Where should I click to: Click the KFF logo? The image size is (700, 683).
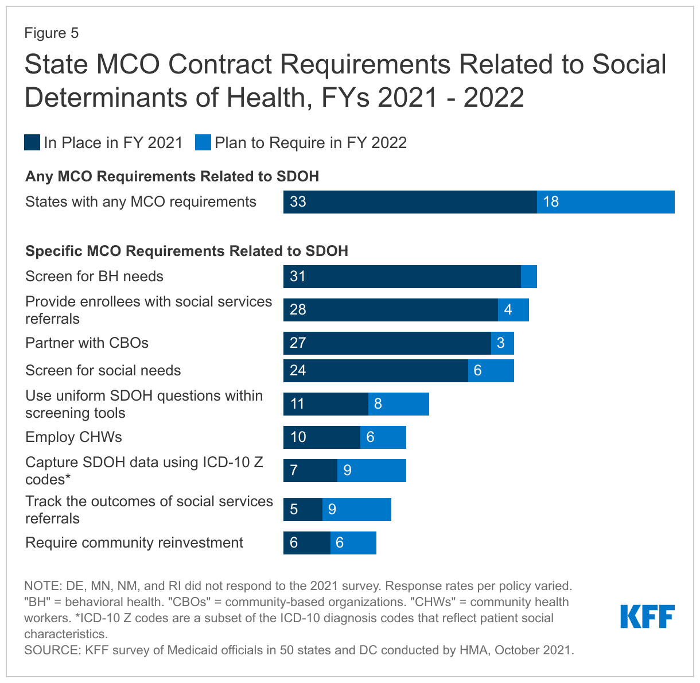click(647, 616)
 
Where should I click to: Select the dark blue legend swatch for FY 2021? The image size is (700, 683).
click(32, 143)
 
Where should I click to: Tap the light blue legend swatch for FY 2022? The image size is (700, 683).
click(203, 143)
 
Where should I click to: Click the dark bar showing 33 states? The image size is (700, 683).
click(410, 202)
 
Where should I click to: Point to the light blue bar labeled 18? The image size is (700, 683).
click(606, 202)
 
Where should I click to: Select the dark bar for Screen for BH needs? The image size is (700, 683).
click(402, 277)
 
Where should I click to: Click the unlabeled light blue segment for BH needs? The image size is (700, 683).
click(529, 277)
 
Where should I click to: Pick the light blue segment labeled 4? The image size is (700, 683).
click(514, 310)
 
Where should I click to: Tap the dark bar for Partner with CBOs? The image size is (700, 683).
click(387, 343)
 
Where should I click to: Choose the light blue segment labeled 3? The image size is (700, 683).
click(503, 343)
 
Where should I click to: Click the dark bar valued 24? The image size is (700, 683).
click(376, 371)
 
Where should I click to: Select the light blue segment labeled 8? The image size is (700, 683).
click(399, 404)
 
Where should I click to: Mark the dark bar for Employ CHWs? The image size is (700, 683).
click(322, 437)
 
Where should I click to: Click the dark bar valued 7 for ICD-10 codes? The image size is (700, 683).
click(310, 471)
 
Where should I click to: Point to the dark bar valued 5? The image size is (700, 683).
click(303, 510)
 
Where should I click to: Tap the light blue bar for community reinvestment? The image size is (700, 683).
click(353, 543)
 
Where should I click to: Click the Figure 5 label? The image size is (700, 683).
click(51, 33)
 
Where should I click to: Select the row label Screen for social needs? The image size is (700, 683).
click(103, 371)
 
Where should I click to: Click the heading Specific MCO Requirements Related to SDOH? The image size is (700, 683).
click(186, 251)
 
